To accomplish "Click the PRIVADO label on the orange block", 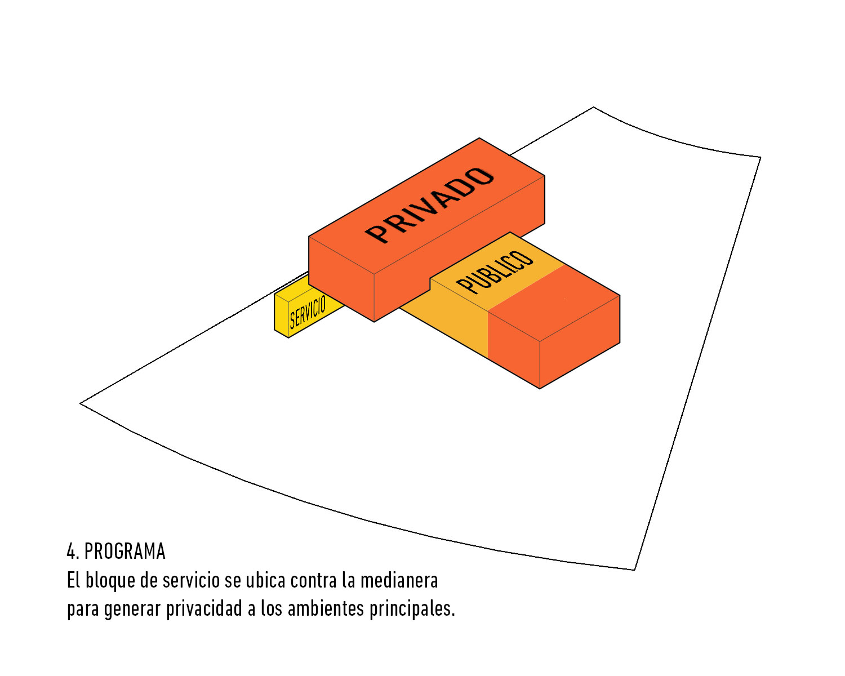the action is coord(429,205).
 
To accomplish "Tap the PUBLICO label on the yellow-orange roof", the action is coord(495,272).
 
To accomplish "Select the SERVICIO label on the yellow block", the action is coord(308,312).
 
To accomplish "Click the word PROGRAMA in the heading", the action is coord(125,552).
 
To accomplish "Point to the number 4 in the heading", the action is coord(72,552).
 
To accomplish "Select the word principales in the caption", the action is coord(412,609).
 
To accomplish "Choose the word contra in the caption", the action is coord(313,581).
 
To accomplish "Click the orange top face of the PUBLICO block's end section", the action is coord(554,303).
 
